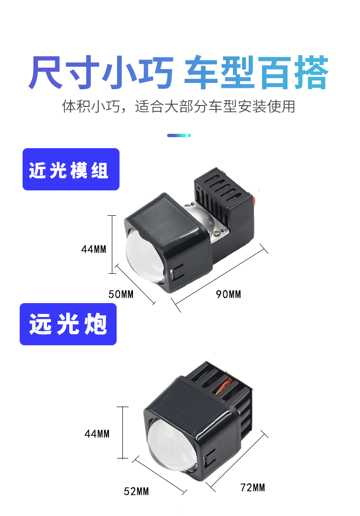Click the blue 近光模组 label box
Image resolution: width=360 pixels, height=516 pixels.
[71, 169]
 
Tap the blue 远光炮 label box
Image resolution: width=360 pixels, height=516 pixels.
[68, 324]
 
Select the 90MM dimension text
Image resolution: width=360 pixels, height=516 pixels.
[228, 294]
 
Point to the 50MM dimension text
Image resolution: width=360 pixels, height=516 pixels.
[121, 294]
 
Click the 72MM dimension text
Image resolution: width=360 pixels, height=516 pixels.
[252, 488]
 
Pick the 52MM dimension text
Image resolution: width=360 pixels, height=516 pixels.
[136, 491]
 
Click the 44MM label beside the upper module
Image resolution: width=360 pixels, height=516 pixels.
[94, 249]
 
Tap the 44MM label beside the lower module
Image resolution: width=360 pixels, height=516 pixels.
[97, 434]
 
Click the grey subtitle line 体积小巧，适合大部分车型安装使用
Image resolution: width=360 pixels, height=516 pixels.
[179, 106]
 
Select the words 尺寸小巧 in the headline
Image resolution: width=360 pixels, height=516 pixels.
[100, 73]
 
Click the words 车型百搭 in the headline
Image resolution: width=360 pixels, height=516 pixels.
[256, 73]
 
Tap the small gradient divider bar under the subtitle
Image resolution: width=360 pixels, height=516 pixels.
[179, 135]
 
